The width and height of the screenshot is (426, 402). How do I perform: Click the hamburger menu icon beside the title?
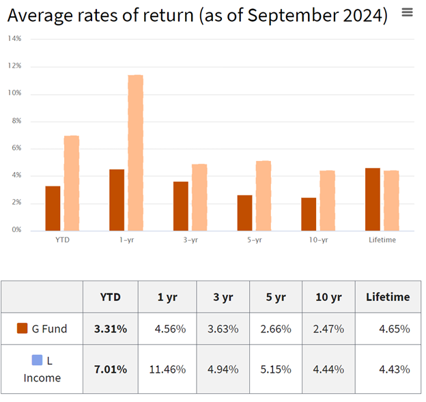click(408, 12)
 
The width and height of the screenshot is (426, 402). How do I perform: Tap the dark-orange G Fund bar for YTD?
click(53, 208)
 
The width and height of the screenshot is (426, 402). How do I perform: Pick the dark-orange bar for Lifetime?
click(373, 199)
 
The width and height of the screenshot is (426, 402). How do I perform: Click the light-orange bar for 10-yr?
click(327, 201)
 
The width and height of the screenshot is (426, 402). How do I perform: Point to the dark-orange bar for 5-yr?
click(244, 213)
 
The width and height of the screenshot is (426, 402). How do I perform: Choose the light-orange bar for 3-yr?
click(199, 197)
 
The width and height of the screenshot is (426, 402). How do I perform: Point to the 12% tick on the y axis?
click(14, 66)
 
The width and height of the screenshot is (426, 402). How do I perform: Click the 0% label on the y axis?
click(16, 230)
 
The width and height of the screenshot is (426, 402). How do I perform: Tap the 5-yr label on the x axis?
click(254, 240)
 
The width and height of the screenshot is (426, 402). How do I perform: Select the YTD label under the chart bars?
click(61, 240)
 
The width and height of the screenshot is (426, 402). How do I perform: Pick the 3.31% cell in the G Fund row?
click(110, 329)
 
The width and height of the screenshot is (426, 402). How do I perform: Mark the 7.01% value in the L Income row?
click(110, 369)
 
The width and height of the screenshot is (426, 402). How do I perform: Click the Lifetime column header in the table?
click(388, 297)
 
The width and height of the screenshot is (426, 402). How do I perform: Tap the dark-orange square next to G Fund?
click(22, 328)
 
